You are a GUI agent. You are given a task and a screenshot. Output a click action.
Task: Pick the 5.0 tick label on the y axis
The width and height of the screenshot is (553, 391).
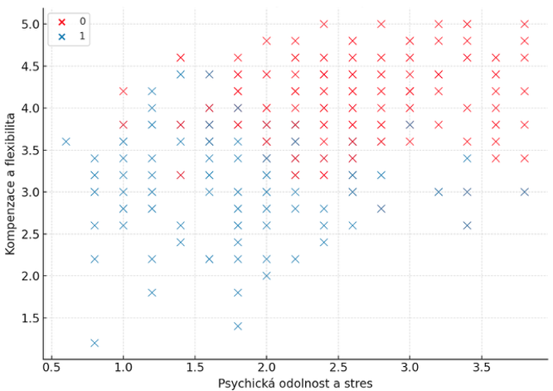(28, 24)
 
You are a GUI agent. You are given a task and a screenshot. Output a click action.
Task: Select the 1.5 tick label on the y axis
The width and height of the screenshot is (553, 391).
(28, 318)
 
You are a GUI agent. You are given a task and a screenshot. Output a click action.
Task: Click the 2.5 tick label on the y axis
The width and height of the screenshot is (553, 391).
(28, 234)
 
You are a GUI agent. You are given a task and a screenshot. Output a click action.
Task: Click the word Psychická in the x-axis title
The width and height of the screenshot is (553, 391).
(246, 383)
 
